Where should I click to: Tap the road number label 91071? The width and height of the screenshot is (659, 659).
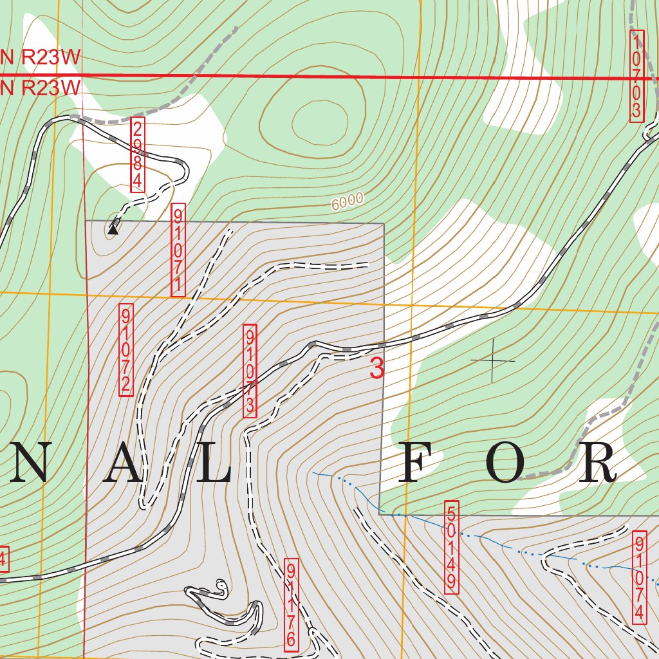pyautogui.click(x=178, y=250)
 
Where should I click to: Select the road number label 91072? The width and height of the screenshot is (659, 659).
pyautogui.click(x=125, y=350)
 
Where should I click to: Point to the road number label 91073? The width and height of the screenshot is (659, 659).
pyautogui.click(x=250, y=371)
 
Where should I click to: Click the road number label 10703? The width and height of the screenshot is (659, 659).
pyautogui.click(x=636, y=75)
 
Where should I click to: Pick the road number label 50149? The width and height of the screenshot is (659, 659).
pyautogui.click(x=452, y=547)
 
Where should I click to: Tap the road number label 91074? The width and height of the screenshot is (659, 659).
pyautogui.click(x=639, y=577)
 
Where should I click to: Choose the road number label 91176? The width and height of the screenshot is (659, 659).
pyautogui.click(x=291, y=604)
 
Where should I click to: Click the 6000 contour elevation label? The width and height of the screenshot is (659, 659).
pyautogui.click(x=348, y=201)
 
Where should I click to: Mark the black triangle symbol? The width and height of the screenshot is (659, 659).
pyautogui.click(x=113, y=228)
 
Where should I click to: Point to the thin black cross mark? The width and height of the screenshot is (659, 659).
pyautogui.click(x=493, y=360)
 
